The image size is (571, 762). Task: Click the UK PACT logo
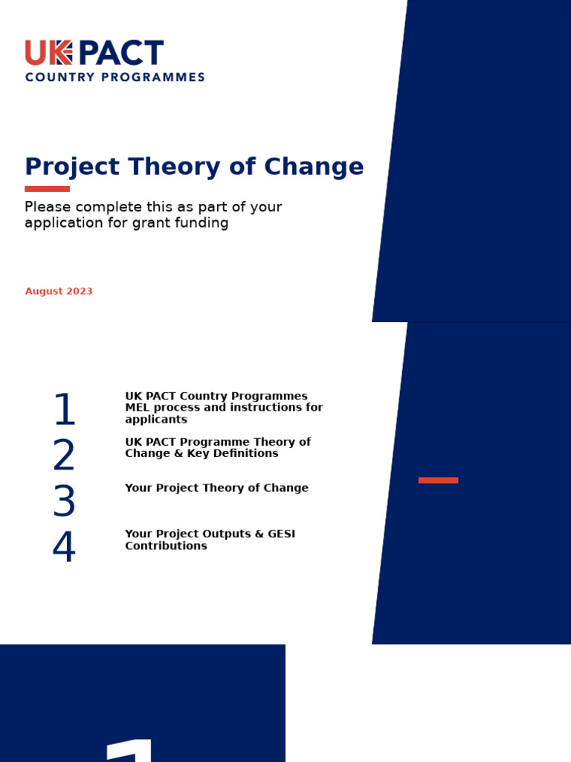coord(94,54)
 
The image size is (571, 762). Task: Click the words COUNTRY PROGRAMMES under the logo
coord(114,77)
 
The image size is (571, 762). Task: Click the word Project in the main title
coord(72,167)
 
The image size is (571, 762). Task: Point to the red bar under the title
coord(47,189)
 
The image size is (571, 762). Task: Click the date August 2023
coord(59,291)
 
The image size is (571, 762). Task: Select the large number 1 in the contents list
coord(65,410)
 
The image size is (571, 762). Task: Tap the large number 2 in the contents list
coord(64,455)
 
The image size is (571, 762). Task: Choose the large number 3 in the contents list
coord(64,502)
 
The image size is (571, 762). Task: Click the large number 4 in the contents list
coord(64,548)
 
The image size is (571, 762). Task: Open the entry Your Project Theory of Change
coord(216,488)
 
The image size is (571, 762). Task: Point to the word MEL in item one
coord(138,408)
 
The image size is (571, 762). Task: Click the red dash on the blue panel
coord(438,480)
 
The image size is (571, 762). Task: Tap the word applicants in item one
coord(155,420)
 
